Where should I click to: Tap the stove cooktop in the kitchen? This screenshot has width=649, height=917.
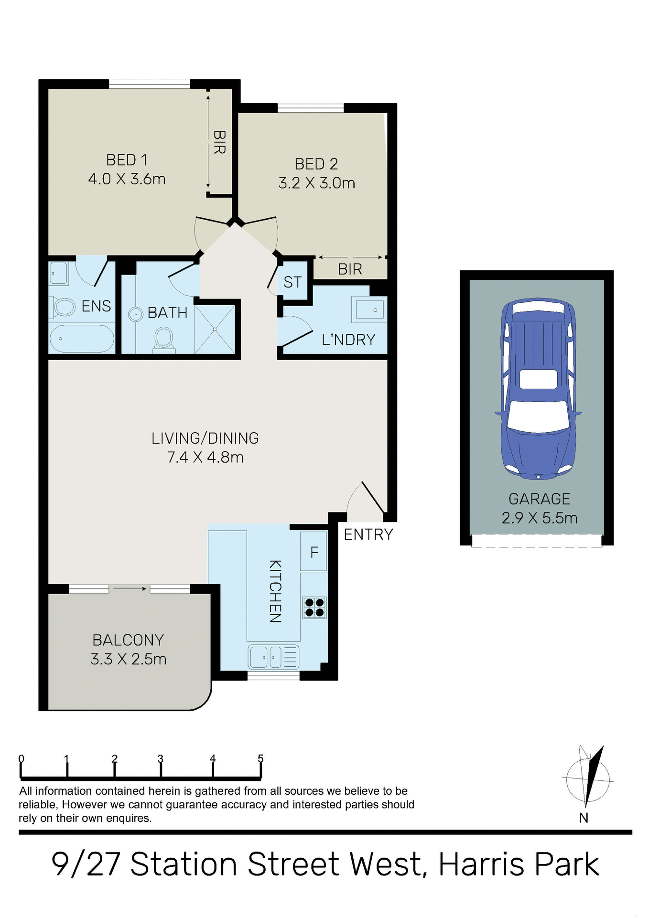coord(314,608)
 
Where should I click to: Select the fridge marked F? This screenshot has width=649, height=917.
coord(314,552)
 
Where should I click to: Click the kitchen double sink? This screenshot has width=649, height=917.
coord(273,657)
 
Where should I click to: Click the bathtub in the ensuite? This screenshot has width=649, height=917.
coord(82,339)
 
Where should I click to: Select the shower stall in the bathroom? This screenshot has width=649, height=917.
coord(215,329)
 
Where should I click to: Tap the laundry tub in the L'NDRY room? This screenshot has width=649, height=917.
coord(369,309)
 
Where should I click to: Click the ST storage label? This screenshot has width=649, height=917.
coord(292,282)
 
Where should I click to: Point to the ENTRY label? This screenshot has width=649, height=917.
coord(368,534)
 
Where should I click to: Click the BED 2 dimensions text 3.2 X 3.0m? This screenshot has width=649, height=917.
coord(316,183)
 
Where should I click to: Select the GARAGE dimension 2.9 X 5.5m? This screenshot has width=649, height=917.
coord(539,518)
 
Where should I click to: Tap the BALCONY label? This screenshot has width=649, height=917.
coord(128,640)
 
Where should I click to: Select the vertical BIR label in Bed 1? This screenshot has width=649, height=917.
coord(219,142)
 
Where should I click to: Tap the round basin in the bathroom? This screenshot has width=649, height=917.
coord(136,314)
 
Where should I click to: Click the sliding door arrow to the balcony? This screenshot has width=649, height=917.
coord(130,589)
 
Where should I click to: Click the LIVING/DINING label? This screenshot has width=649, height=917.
coord(205,438)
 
